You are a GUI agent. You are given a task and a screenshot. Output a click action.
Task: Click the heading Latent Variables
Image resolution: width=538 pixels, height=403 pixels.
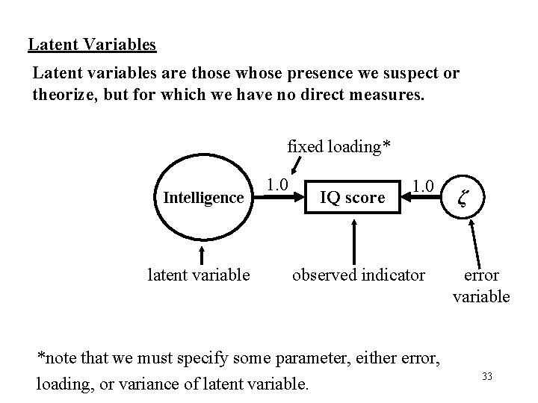pos(92,44)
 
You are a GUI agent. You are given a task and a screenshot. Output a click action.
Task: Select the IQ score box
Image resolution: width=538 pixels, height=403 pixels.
pos(352,198)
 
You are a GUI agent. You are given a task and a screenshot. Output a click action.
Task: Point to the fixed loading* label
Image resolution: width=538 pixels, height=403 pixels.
pos(338,146)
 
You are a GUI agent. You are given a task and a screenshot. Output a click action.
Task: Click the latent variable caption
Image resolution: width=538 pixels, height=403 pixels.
pos(200,275)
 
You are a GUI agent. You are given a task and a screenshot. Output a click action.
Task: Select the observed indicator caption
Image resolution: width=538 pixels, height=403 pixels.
pos(359,275)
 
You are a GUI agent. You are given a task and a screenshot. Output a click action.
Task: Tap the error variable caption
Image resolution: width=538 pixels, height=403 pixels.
pos(481,285)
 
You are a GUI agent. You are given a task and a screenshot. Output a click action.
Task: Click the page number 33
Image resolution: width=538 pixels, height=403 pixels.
pos(487,375)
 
